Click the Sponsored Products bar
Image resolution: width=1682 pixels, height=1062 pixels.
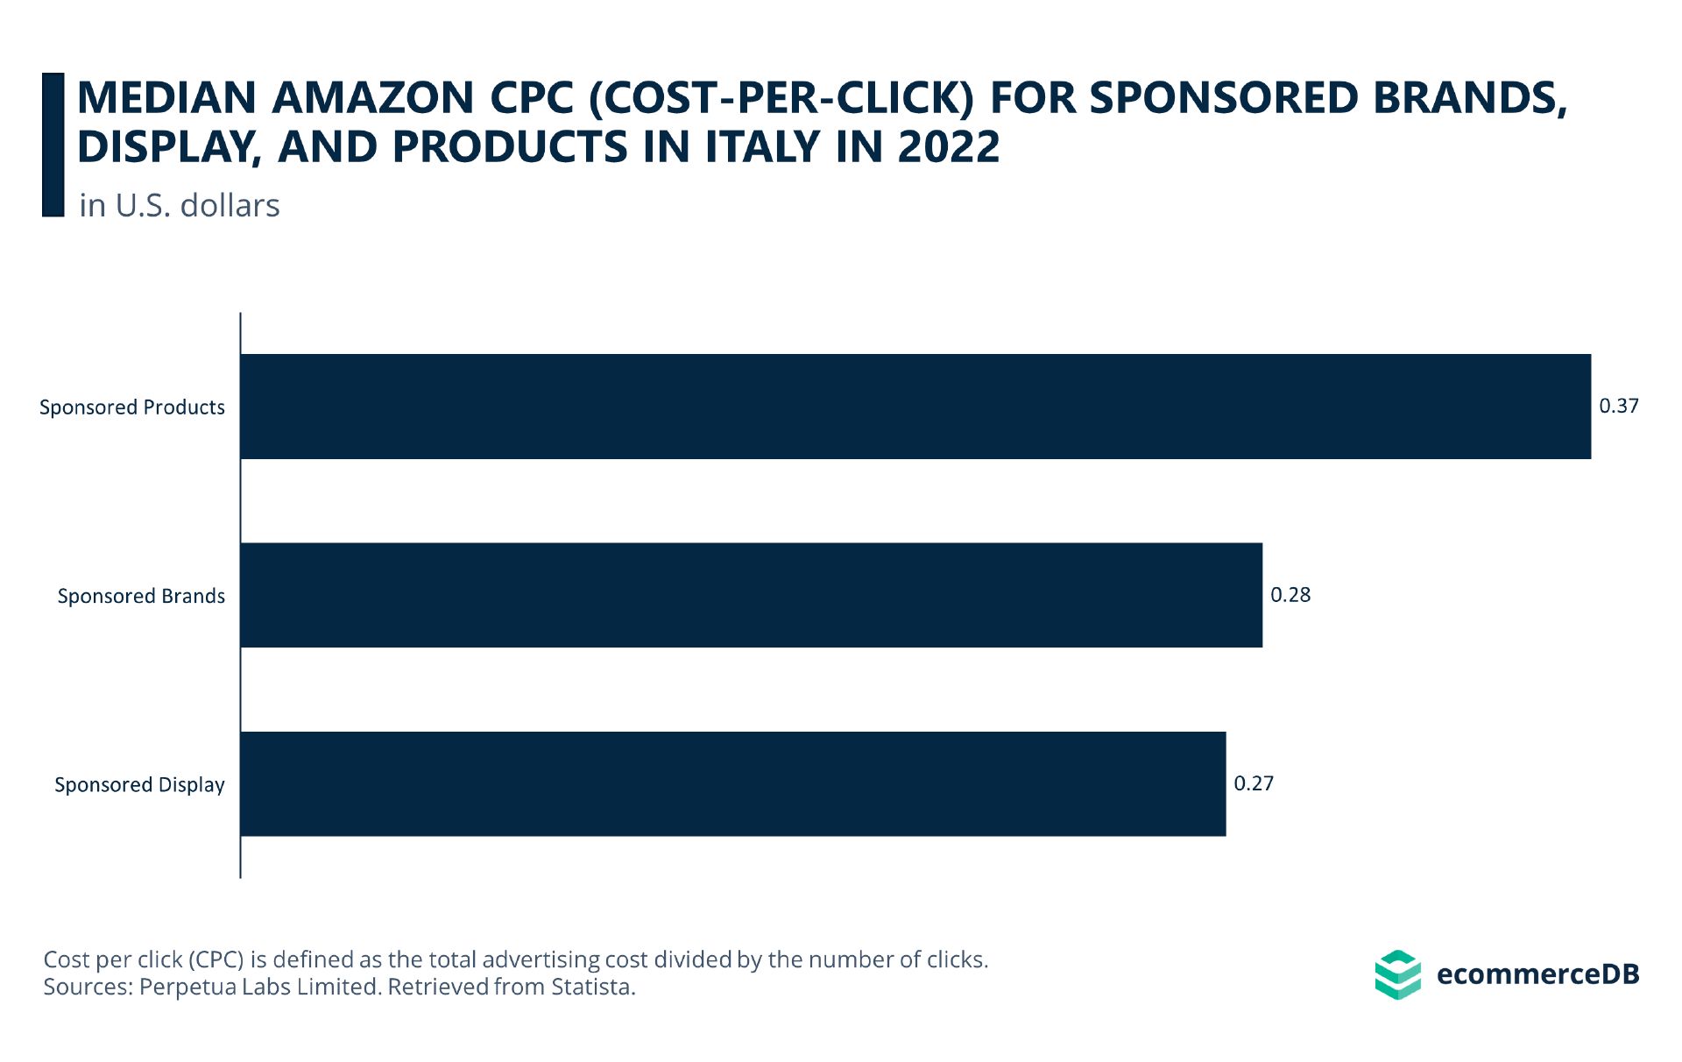tap(915, 407)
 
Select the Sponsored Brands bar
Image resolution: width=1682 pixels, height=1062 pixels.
tap(751, 595)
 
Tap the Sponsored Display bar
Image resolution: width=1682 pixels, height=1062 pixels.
tap(732, 783)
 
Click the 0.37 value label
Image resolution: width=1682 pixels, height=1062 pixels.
tap(1618, 406)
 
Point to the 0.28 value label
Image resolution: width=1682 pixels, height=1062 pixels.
tap(1290, 595)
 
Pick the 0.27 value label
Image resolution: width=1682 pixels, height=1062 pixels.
tap(1254, 783)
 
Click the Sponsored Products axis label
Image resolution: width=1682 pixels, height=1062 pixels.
tap(132, 407)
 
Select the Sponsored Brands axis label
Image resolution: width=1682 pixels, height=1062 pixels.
tap(141, 596)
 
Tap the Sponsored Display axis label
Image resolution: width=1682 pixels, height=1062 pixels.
tap(139, 784)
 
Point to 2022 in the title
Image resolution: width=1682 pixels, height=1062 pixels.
tap(949, 146)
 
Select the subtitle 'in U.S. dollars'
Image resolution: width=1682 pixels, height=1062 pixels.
tap(179, 205)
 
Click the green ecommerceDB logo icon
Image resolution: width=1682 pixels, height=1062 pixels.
tap(1397, 974)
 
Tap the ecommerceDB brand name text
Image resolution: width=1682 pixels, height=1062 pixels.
tap(1537, 974)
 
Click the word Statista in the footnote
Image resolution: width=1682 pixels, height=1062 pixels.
tap(592, 987)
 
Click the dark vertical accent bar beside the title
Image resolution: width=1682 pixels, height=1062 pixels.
tap(53, 145)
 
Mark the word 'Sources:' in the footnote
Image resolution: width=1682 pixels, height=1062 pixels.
tap(88, 987)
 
